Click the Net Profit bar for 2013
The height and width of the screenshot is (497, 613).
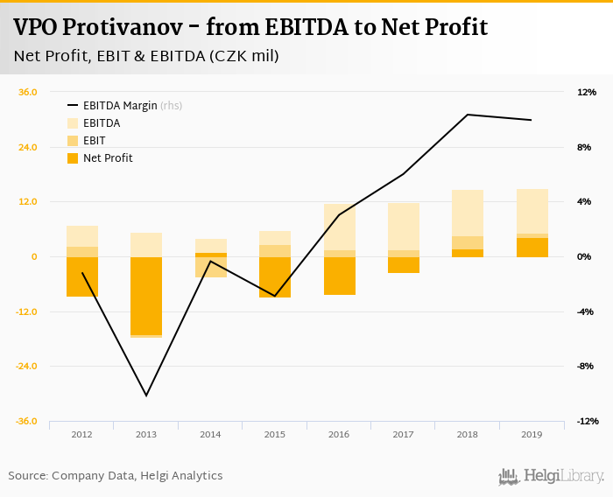146,296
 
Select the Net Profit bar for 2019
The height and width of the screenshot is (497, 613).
532,248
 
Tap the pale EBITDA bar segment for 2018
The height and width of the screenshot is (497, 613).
467,213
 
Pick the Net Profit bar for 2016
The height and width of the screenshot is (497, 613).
339,276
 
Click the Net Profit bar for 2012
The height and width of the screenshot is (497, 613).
81,276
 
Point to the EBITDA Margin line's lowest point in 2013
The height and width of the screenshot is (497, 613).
146,395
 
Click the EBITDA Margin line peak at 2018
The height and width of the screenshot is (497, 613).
468,115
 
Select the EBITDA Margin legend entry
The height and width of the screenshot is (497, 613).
120,106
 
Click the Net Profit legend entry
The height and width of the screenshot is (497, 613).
108,158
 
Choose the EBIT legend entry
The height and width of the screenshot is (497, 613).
95,141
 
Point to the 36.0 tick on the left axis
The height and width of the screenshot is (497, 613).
28,92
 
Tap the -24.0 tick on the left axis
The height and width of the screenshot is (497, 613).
26,367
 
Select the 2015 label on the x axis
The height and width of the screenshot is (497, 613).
275,435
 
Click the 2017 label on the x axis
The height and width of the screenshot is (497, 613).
403,435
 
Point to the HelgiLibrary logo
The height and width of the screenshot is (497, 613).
551,476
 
